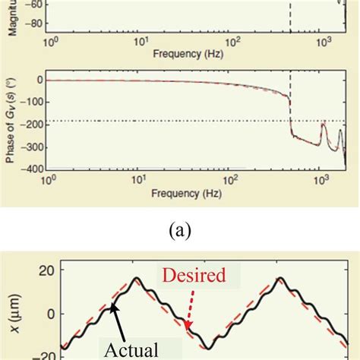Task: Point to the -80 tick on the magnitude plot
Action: pyautogui.click(x=33, y=23)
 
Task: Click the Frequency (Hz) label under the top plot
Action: pyautogui.click(x=187, y=54)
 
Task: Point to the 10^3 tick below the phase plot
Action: pyautogui.click(x=321, y=182)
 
